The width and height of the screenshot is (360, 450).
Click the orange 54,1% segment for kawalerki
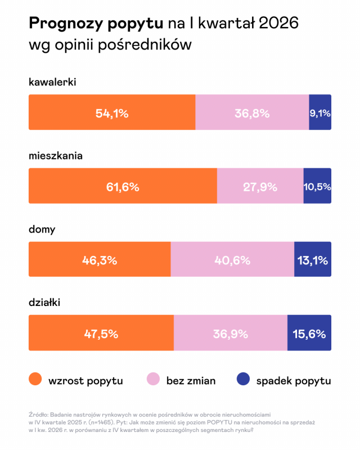pyautogui.click(x=112, y=112)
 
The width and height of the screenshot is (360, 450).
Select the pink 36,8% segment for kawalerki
pyautogui.click(x=252, y=112)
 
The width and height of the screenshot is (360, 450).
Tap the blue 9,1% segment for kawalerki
pyautogui.click(x=320, y=112)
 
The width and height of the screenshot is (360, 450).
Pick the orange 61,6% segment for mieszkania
pyautogui.click(x=123, y=186)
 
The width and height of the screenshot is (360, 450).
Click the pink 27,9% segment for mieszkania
pyautogui.click(x=260, y=186)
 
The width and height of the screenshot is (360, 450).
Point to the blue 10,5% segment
pyautogui.click(x=317, y=186)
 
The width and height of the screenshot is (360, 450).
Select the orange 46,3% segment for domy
pyautogui.click(x=100, y=260)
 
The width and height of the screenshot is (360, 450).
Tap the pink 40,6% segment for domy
pyautogui.click(x=232, y=260)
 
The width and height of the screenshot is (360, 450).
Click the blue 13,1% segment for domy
pyautogui.click(x=313, y=260)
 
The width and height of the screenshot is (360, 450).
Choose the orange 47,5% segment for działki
pyautogui.click(x=101, y=334)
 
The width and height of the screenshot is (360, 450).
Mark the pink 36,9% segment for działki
pyautogui.click(x=231, y=334)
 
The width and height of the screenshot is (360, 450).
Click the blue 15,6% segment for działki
pyautogui.click(x=309, y=334)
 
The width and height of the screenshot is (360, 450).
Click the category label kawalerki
pyautogui.click(x=52, y=83)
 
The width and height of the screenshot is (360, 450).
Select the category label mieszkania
pyautogui.click(x=56, y=156)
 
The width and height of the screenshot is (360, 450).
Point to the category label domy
pyautogui.click(x=42, y=229)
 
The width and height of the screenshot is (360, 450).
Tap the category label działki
pyautogui.click(x=44, y=303)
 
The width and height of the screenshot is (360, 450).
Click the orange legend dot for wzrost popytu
pyautogui.click(x=35, y=380)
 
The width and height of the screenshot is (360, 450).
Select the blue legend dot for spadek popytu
pyautogui.click(x=242, y=380)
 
